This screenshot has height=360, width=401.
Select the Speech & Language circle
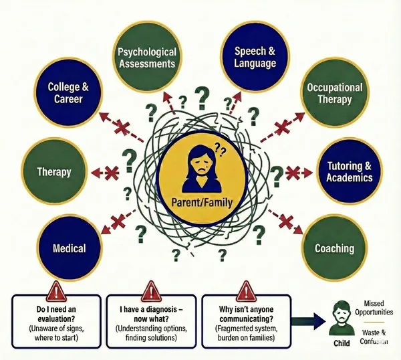tap(255, 56)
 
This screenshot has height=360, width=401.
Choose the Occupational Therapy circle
tap(333, 94)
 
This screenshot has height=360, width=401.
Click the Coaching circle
tap(333, 248)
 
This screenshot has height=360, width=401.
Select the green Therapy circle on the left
tap(55, 171)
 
